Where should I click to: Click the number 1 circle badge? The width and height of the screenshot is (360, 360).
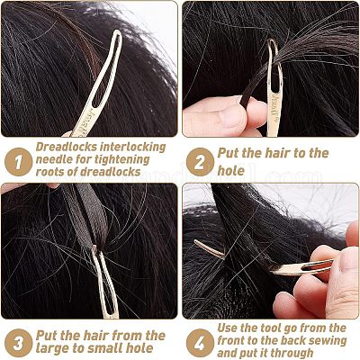click(x=19, y=162)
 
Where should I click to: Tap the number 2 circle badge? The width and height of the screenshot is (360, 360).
click(x=200, y=162)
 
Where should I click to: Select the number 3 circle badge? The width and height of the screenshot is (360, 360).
click(x=19, y=343)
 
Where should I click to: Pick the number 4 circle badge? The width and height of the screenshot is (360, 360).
click(x=200, y=343)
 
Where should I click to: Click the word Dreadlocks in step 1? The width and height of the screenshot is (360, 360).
click(x=67, y=147)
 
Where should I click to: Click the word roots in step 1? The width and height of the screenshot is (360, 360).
click(x=49, y=172)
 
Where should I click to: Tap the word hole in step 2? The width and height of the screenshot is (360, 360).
click(x=230, y=171)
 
